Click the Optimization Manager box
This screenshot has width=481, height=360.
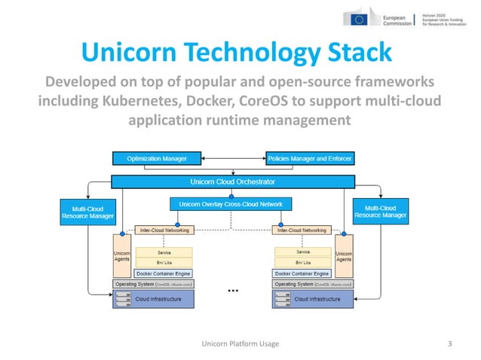(157, 158)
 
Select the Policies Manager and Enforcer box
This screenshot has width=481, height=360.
(310, 158)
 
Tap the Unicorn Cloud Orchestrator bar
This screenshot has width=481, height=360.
(233, 182)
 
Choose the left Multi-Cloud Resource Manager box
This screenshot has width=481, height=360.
(87, 211)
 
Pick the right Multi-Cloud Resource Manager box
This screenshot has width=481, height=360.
(381, 211)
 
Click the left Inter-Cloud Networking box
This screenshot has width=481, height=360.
(164, 230)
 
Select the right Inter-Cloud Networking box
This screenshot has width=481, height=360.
(303, 230)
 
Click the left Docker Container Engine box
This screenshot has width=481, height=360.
(164, 273)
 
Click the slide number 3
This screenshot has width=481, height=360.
(449, 343)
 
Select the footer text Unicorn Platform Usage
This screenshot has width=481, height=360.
(240, 343)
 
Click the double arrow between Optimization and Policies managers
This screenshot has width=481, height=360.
(234, 158)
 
